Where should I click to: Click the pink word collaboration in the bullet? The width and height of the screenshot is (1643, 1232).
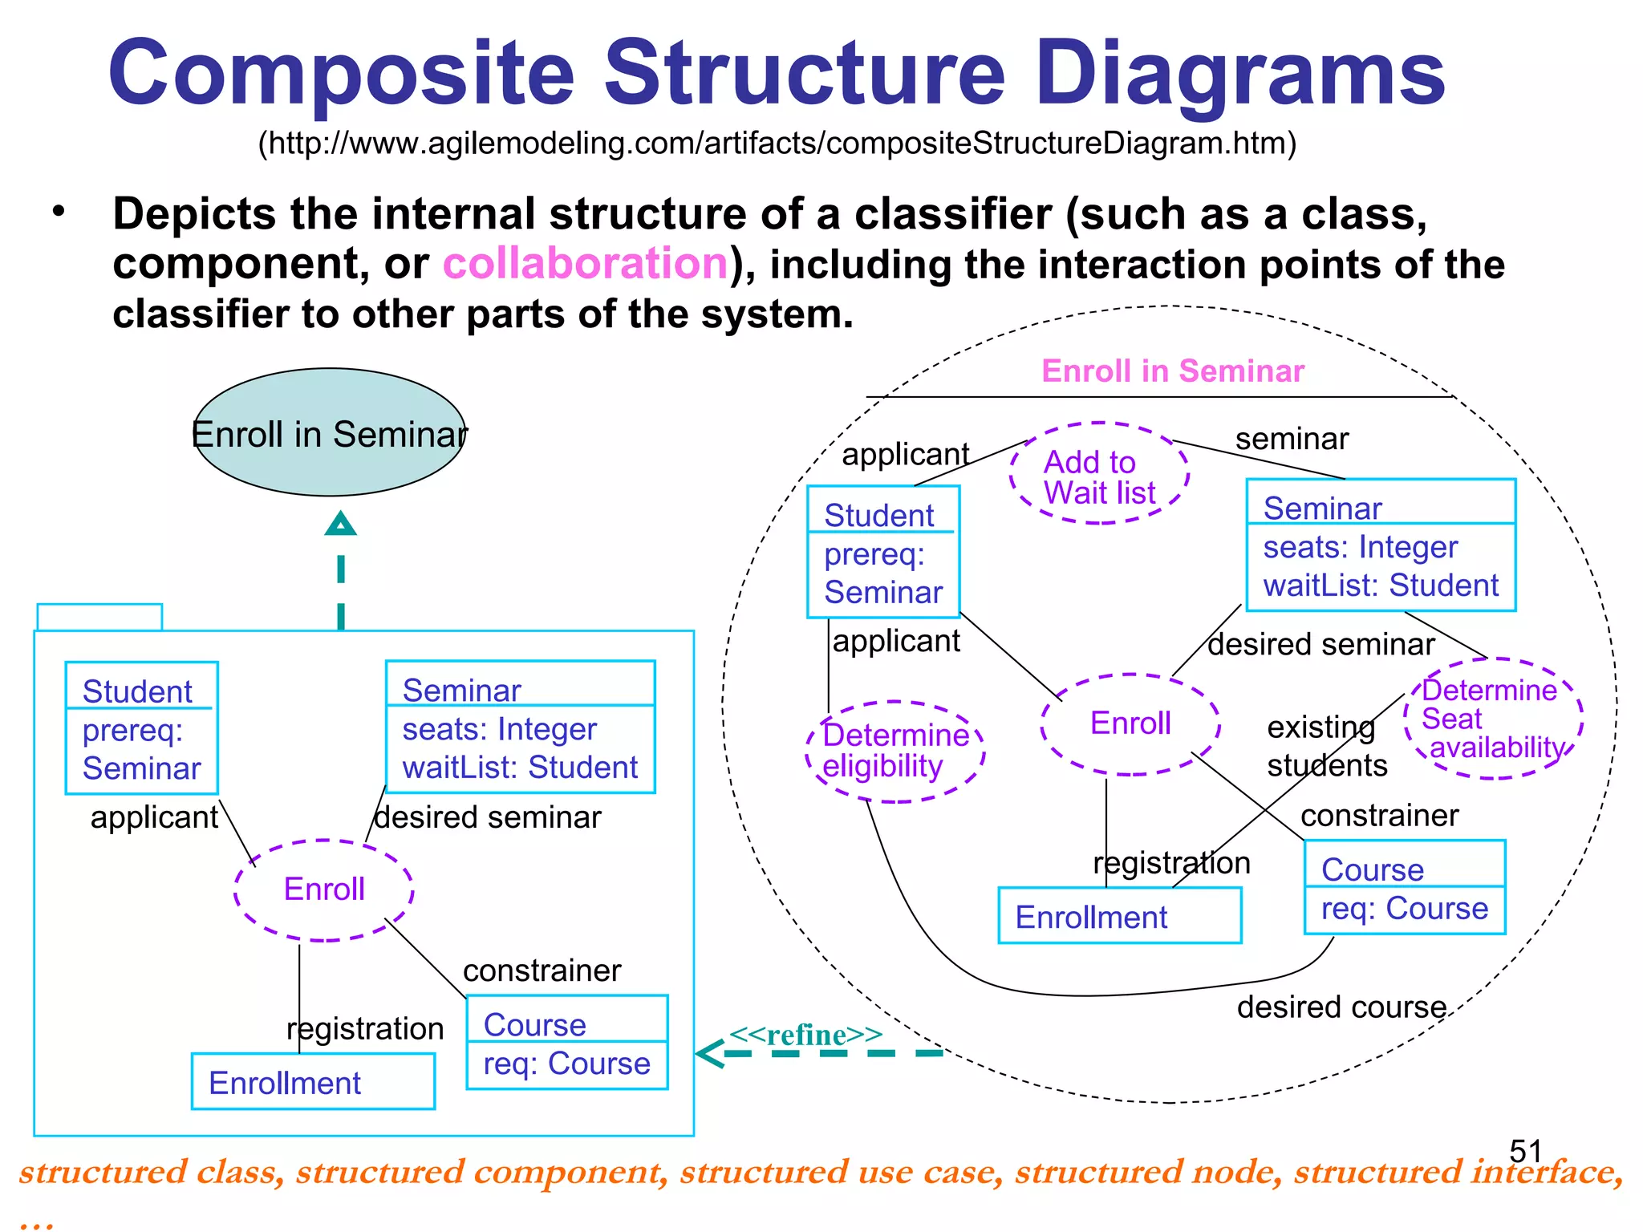(585, 264)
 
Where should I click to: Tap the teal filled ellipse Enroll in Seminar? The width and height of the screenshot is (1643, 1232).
(330, 433)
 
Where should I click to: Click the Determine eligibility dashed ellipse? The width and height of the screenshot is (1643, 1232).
(895, 751)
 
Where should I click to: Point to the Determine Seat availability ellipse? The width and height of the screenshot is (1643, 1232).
(1493, 719)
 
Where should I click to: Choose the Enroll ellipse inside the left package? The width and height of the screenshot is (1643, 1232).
(324, 890)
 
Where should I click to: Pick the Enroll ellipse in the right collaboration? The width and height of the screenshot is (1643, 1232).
(1130, 723)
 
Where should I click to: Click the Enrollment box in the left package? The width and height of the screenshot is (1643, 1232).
(313, 1082)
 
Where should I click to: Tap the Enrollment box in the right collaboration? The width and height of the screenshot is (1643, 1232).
(1119, 916)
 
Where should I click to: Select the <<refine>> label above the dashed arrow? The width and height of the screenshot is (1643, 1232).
(805, 1035)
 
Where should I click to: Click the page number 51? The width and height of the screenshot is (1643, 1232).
(1525, 1152)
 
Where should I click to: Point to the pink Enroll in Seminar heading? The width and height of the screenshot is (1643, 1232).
(1173, 371)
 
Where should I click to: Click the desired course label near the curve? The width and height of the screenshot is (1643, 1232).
(1341, 1007)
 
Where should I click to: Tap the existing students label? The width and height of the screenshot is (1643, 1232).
(1325, 746)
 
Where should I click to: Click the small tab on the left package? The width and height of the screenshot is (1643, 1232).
(99, 617)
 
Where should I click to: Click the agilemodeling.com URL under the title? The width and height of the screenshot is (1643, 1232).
(777, 144)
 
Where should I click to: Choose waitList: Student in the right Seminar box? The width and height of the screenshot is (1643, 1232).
(1380, 586)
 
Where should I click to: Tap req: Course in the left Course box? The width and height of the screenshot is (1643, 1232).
(566, 1064)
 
